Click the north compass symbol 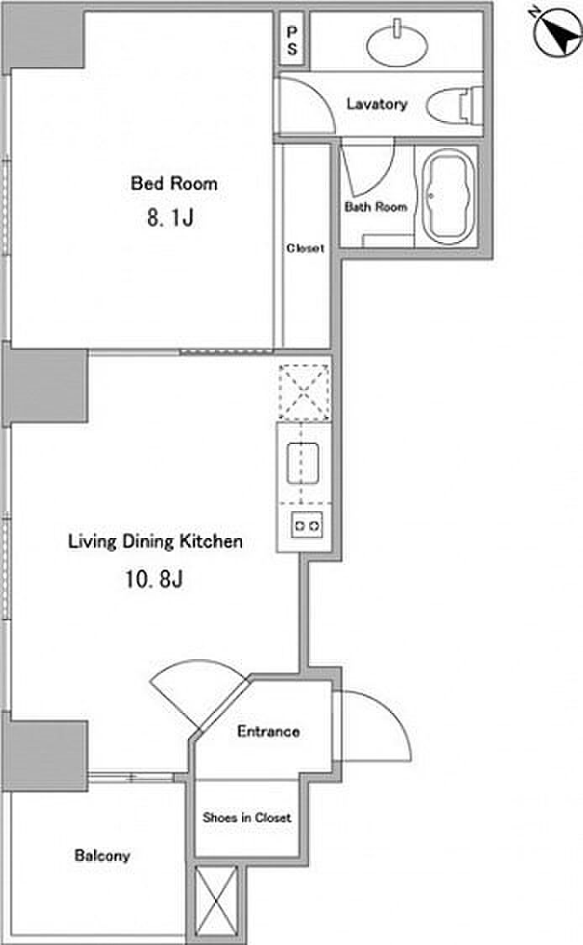(557, 34)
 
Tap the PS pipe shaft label (292, 40)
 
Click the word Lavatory (377, 103)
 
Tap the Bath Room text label (376, 207)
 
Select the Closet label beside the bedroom (305, 248)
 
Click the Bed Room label (174, 182)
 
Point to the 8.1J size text (171, 217)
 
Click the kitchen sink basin (303, 463)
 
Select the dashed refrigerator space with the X (304, 392)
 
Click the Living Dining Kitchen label (155, 541)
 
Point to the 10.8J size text (155, 578)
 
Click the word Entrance (269, 731)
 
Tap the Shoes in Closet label (247, 817)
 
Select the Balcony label (102, 855)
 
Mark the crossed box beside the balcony (217, 901)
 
